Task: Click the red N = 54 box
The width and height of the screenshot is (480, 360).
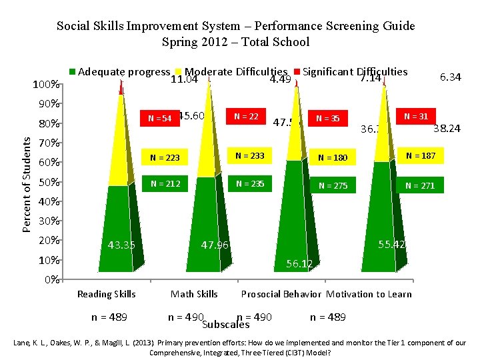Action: pos(160,119)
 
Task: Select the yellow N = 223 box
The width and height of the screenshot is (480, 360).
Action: pos(165,158)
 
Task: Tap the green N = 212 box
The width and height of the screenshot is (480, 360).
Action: pos(165,183)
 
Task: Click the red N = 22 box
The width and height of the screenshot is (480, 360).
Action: pos(246,116)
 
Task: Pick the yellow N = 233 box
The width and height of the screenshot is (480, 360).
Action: pos(249,156)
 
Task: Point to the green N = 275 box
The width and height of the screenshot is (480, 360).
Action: pos(333,186)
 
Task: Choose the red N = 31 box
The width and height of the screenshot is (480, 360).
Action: pos(415,116)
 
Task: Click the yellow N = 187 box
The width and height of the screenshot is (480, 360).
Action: pos(420,156)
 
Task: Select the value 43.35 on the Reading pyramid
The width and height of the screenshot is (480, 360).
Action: pos(121,245)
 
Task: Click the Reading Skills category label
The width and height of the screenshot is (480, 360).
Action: pos(107,294)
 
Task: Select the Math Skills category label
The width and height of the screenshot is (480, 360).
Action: pos(194,294)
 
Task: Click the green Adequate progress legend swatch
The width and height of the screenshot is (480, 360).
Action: pos(73,71)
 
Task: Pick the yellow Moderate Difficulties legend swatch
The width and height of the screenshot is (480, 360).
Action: pos(178,71)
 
